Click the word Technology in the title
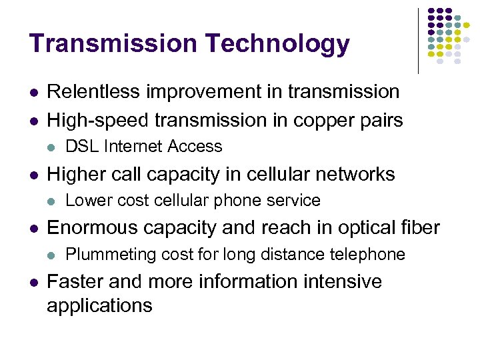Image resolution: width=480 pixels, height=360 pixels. [277, 44]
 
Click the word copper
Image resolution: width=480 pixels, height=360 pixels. [322, 120]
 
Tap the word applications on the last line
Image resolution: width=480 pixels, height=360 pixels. [99, 306]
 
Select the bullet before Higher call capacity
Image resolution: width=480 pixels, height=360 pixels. [32, 175]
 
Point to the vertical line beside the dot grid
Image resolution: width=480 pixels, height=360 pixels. [419, 40]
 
